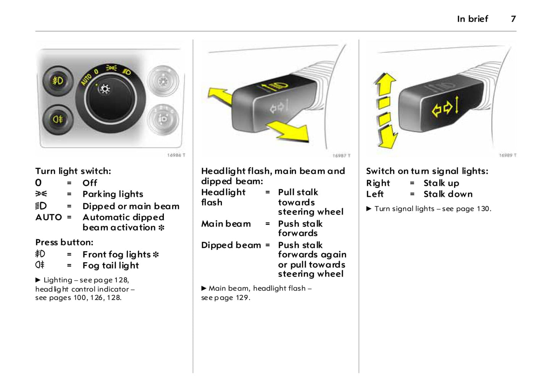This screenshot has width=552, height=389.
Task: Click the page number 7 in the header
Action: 513,19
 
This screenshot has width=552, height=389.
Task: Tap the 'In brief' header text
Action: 472,19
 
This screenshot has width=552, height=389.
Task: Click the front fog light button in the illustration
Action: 58,81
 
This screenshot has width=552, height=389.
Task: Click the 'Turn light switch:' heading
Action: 73,171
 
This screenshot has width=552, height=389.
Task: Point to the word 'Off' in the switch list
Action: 90,183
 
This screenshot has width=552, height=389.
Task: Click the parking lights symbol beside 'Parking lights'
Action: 41,194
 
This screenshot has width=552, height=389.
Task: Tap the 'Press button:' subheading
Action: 64,242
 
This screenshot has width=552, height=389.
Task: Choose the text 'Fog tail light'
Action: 111,265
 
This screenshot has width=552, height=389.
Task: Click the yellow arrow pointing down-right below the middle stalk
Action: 290,131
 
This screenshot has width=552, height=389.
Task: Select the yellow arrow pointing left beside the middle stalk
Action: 219,95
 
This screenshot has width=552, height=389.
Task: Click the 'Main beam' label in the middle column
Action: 226,224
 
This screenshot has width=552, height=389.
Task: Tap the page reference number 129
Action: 242,298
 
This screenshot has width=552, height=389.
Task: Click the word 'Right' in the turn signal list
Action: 378,183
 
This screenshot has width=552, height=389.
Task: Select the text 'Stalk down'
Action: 448,194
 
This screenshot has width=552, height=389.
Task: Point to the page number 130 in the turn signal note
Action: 482,209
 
